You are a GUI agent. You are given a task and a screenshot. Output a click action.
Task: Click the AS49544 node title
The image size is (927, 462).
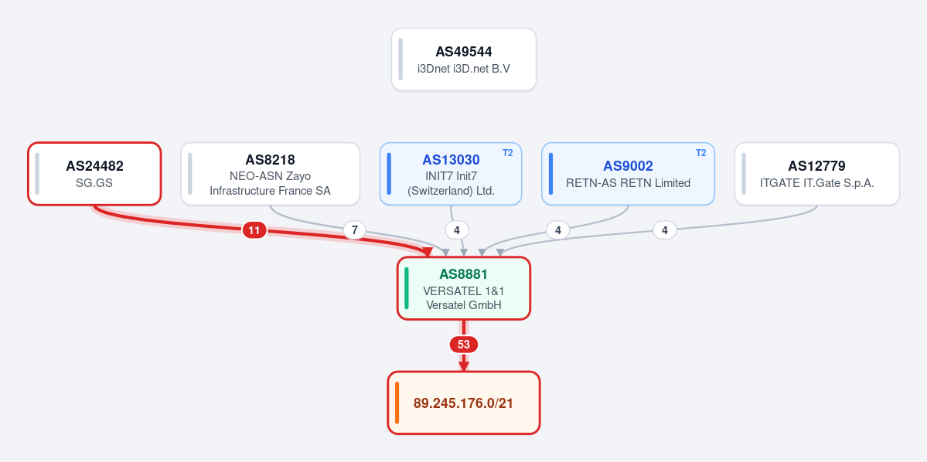tap(464, 52)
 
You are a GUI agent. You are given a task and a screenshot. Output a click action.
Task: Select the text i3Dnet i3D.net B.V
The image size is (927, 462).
tap(464, 69)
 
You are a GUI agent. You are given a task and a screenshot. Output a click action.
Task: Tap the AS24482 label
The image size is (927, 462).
tap(94, 166)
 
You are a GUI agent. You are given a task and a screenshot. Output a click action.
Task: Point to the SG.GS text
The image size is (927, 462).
tap(94, 183)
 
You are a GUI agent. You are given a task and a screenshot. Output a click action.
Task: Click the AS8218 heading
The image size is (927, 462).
tap(270, 159)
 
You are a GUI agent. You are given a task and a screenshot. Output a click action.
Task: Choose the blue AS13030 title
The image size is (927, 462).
tap(451, 159)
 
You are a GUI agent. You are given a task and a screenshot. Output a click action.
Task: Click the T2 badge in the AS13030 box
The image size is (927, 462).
tap(508, 153)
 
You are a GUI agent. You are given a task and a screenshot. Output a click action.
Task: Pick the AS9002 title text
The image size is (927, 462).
tap(628, 166)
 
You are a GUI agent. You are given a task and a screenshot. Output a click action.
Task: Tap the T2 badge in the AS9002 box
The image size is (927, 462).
tap(700, 153)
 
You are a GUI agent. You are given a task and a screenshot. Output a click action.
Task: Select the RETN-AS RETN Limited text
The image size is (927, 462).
tap(628, 183)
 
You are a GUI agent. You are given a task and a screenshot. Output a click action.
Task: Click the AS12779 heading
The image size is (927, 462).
tap(816, 166)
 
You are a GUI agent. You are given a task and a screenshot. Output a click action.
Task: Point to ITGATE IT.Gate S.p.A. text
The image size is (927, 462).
tap(817, 183)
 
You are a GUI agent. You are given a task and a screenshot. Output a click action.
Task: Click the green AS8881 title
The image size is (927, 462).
tap(464, 274)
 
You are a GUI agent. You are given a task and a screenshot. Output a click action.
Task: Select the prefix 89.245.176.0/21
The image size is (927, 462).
tap(464, 403)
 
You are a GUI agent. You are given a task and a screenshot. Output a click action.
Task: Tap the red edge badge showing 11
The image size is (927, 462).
tap(254, 230)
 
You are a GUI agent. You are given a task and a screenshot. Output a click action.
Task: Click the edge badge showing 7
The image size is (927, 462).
tap(355, 230)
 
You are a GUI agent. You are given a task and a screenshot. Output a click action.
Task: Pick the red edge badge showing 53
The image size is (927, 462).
tap(464, 345)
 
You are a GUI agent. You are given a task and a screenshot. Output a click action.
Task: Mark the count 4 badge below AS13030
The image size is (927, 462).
tap(456, 230)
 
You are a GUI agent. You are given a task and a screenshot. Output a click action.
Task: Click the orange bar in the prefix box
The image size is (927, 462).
tap(397, 403)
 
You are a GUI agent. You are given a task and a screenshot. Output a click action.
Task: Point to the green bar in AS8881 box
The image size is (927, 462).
tap(407, 288)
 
